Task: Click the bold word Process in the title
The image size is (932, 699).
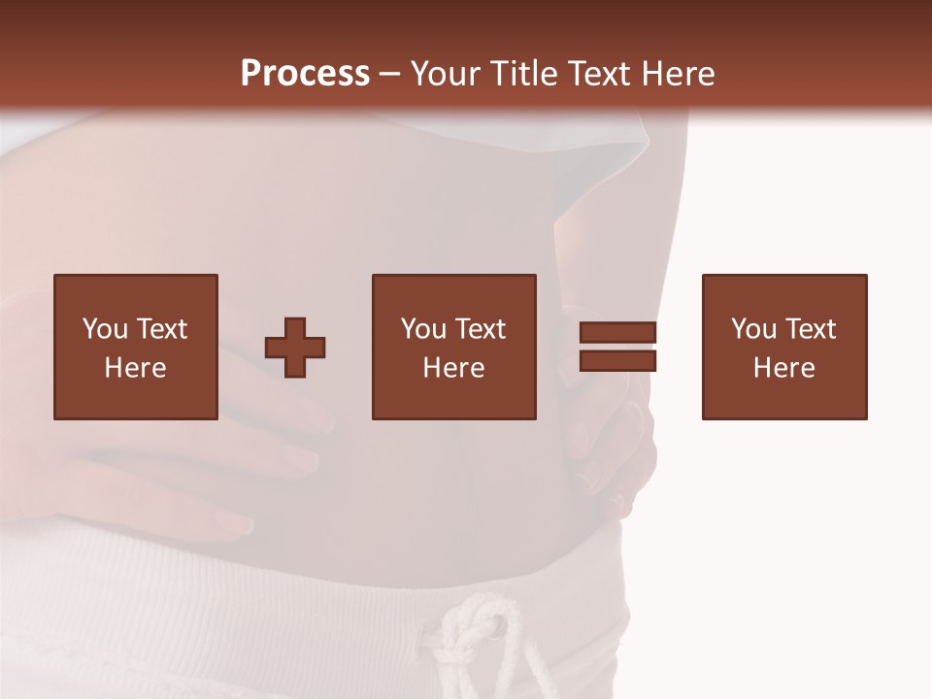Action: (305, 74)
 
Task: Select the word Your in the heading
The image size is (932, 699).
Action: (444, 74)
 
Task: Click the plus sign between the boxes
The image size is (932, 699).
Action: (295, 348)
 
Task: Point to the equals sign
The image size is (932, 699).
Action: (617, 347)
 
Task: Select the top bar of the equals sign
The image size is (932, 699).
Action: (617, 333)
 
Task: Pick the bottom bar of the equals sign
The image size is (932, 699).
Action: (617, 360)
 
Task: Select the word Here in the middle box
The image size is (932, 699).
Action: (454, 368)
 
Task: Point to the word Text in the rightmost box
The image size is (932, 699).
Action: (810, 329)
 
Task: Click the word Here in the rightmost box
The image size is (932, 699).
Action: (784, 368)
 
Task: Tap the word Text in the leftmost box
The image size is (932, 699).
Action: (161, 329)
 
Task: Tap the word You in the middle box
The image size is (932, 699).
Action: (424, 329)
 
